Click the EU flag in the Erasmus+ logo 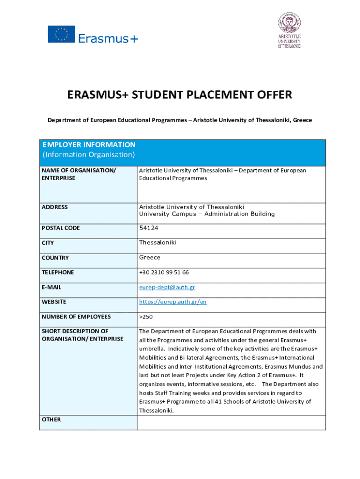61,34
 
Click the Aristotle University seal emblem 289,22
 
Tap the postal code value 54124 149,228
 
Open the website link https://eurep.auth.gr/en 173,302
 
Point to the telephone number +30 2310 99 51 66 164,272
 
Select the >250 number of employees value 146,317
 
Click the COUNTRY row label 55,258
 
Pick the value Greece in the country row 150,257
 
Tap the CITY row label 48,243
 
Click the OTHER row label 51,420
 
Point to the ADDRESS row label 55,207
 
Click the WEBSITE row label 54,302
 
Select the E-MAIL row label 51,287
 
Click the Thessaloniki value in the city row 158,242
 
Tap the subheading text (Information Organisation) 89,154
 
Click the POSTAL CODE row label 61,228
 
